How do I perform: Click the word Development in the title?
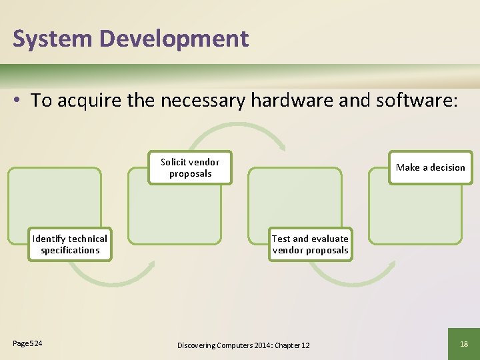click(x=174, y=39)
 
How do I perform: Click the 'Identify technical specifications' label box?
click(x=69, y=244)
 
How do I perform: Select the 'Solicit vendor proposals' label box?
click(x=190, y=167)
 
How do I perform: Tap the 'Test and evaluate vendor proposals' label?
click(x=310, y=244)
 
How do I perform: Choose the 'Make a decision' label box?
click(x=430, y=167)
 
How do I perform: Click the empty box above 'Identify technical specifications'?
click(x=55, y=200)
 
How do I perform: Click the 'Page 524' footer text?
click(x=27, y=343)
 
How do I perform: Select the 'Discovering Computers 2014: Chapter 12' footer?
click(x=243, y=345)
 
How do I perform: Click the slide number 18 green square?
click(x=463, y=343)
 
